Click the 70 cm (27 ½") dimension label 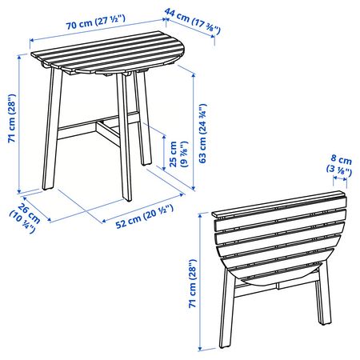click(95, 22)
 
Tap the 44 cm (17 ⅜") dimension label click(193, 21)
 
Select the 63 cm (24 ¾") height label click(202, 134)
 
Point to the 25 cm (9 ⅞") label click(178, 154)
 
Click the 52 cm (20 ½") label click(145, 217)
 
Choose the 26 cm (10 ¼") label click(25, 218)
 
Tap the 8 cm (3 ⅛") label click(339, 165)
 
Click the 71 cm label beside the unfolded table click(12, 118)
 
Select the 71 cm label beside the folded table click(192, 283)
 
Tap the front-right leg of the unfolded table click(124, 137)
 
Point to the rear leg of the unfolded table click(142, 118)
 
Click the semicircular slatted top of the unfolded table click(108, 54)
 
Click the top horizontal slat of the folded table click(278, 203)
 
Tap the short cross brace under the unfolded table click(109, 133)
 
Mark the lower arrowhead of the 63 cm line click(194, 188)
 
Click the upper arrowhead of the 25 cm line click(164, 138)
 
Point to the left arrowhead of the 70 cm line click(32, 40)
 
